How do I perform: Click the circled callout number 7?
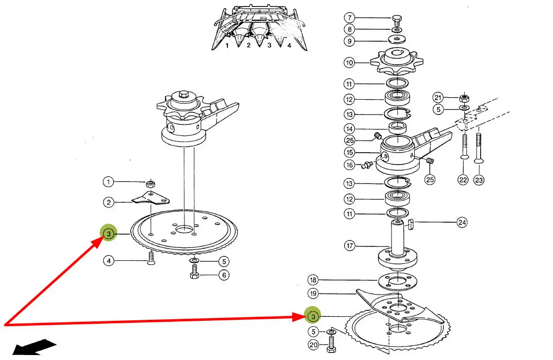click(x=350, y=18)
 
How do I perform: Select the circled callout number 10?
click(x=350, y=62)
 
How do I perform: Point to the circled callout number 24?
click(x=462, y=223)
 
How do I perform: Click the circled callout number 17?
click(x=350, y=245)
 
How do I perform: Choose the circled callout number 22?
click(x=463, y=180)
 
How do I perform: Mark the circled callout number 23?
click(x=479, y=180)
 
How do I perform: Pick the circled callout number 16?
click(x=350, y=165)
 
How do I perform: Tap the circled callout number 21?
click(x=438, y=97)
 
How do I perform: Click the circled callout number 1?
click(x=109, y=182)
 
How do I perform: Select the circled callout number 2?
click(x=109, y=202)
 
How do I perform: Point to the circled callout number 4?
click(x=109, y=260)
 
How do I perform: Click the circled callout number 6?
click(x=224, y=275)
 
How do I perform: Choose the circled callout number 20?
click(x=313, y=345)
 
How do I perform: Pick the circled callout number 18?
click(x=313, y=280)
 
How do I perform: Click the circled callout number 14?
click(x=350, y=129)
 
